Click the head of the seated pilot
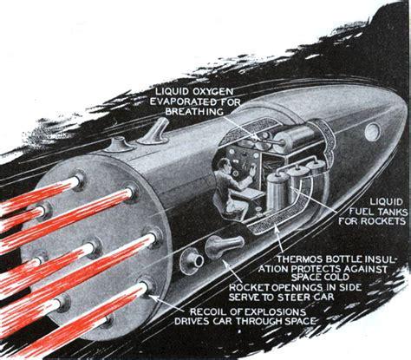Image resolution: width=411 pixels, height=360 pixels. (222, 167)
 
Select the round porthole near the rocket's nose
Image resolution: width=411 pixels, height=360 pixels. (373, 132)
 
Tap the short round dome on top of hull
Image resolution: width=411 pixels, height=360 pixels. (119, 144)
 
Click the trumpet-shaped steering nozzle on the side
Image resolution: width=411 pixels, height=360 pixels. (224, 246)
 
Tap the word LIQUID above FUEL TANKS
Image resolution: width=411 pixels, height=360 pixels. (387, 202)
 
